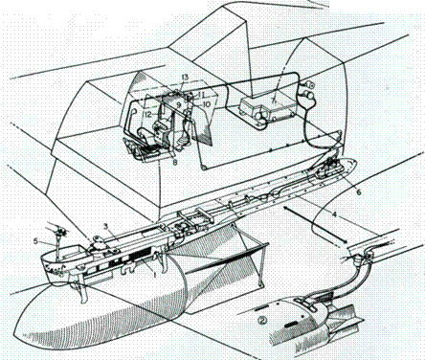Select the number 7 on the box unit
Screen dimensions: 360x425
pyautogui.click(x=274, y=101)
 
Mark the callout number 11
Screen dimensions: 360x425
pyautogui.click(x=202, y=91)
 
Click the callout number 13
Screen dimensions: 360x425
pyautogui.click(x=184, y=77)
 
